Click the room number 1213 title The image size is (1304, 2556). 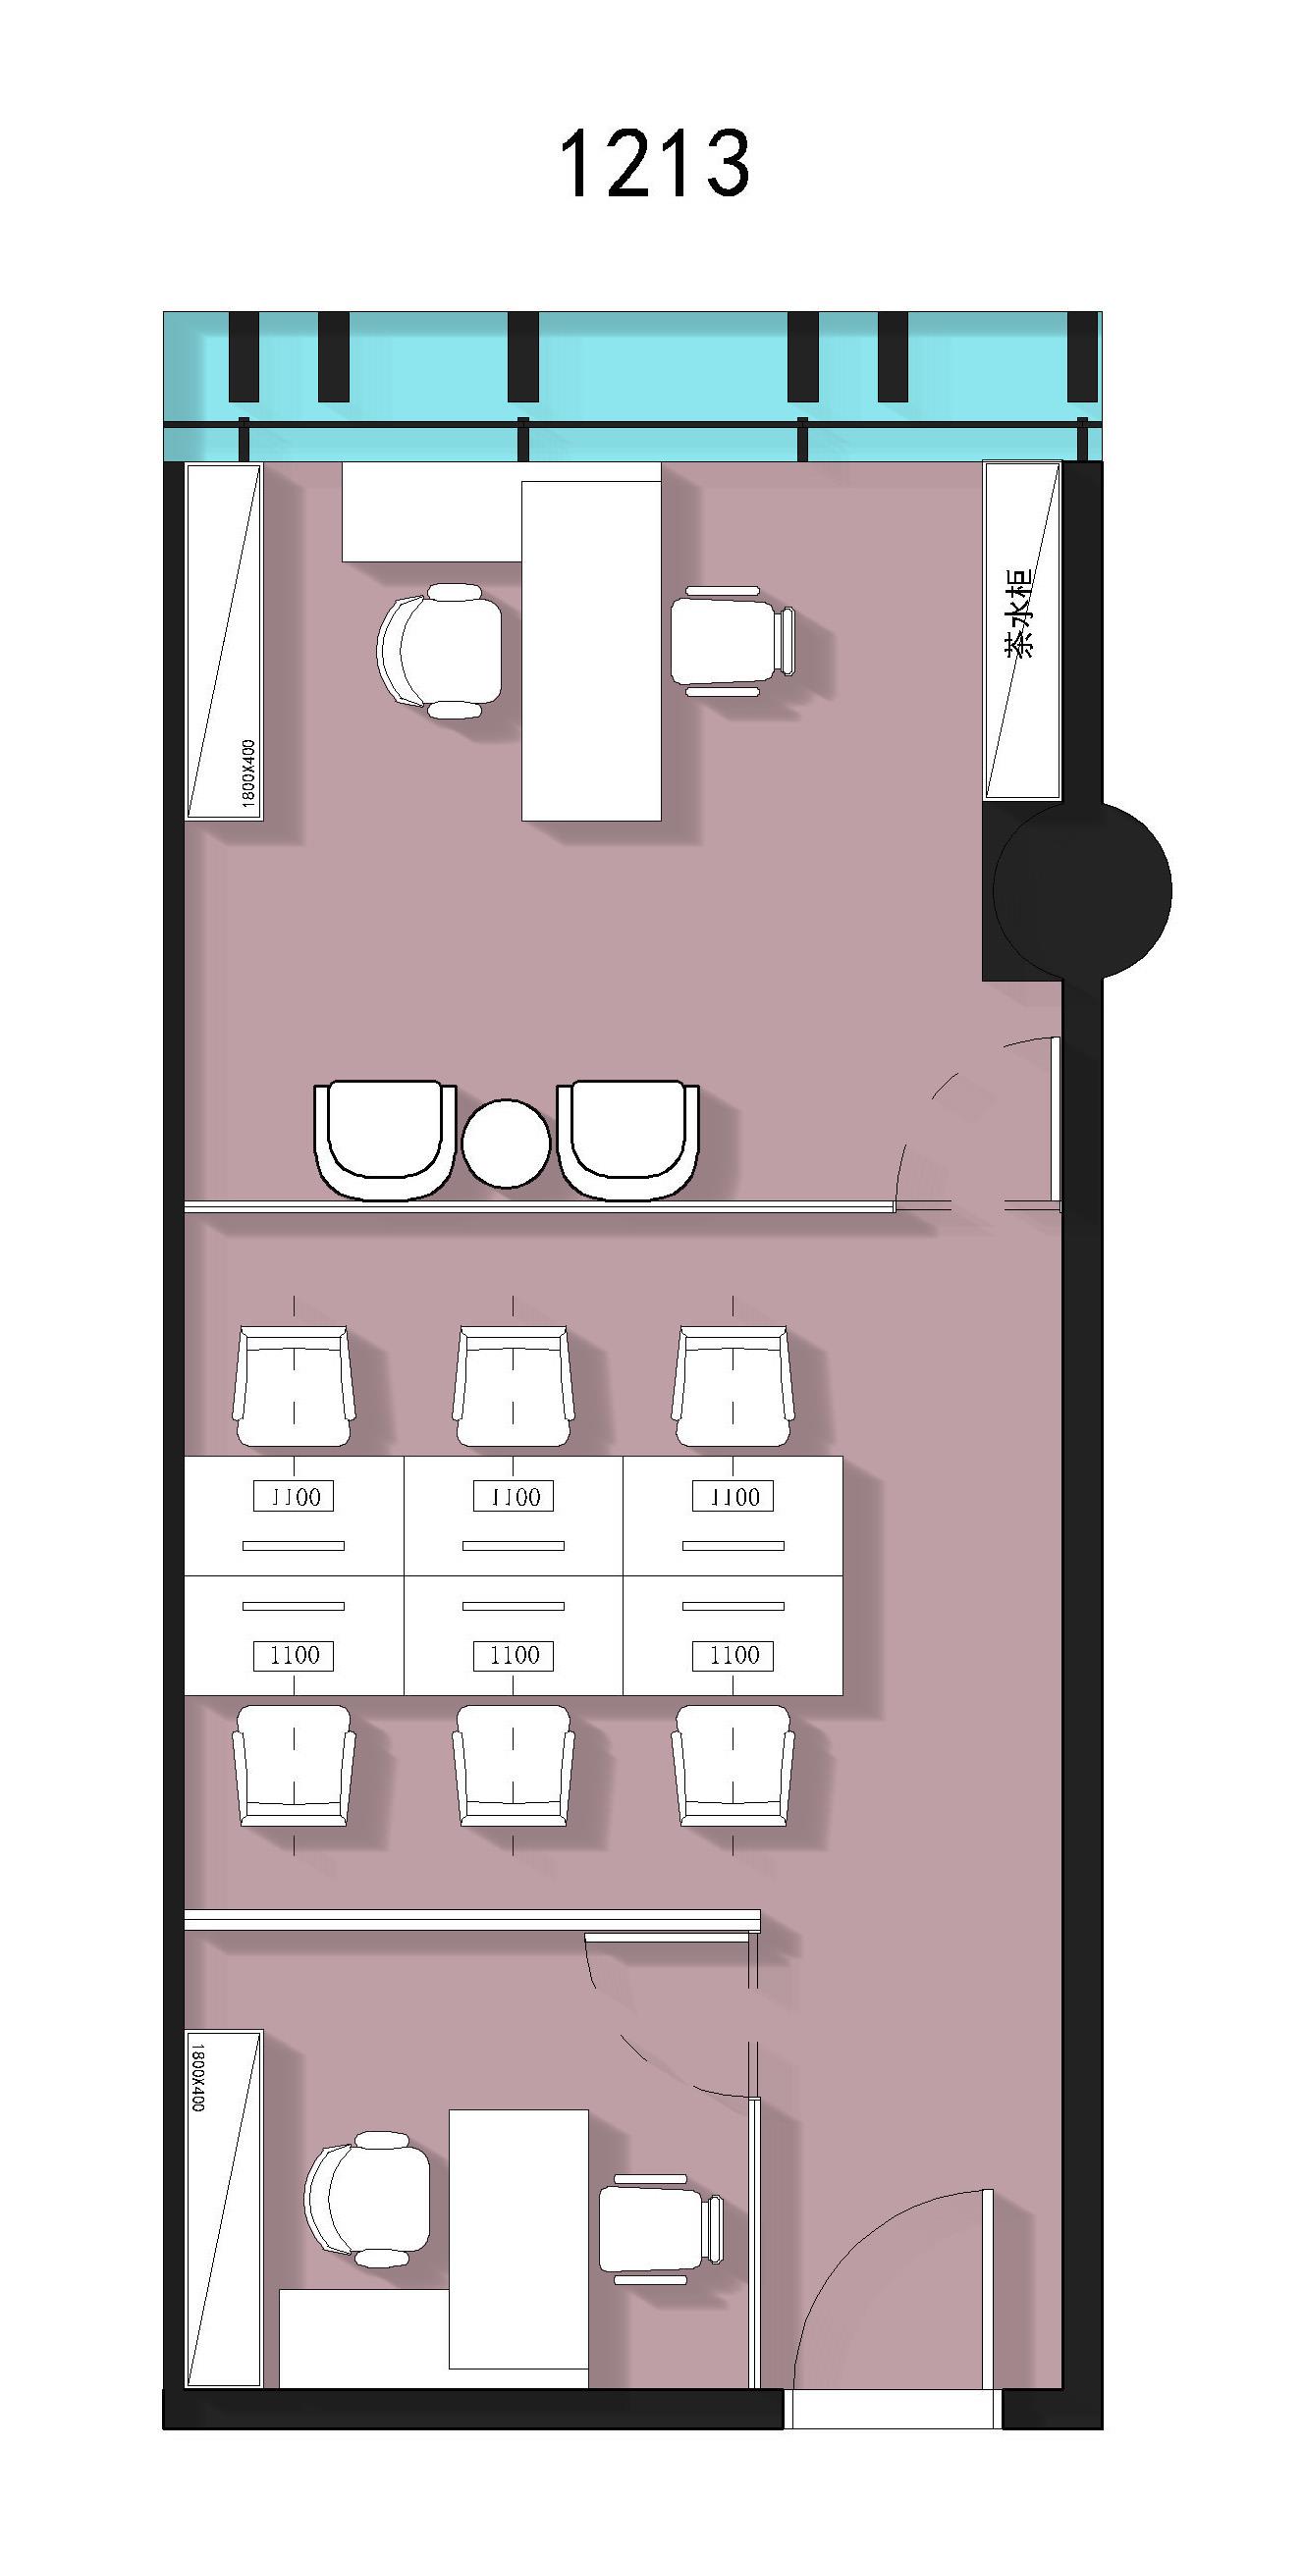[x=654, y=164]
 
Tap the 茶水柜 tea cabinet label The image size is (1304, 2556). [x=1019, y=613]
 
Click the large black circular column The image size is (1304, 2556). [x=1082, y=890]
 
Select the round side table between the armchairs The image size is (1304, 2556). [x=506, y=1144]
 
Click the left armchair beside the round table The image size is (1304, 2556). [x=385, y=1140]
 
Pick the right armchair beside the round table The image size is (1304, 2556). [x=627, y=1140]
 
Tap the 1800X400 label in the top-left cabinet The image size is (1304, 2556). [x=248, y=772]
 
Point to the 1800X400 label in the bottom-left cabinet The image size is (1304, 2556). [x=196, y=2077]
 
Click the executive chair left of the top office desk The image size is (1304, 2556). [x=440, y=650]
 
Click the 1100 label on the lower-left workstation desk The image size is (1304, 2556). [x=294, y=1655]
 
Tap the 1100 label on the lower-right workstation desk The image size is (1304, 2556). [x=733, y=1655]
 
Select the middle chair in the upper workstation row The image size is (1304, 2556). [x=514, y=1386]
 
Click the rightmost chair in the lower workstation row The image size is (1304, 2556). [x=733, y=1765]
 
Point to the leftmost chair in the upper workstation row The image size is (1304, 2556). [x=294, y=1386]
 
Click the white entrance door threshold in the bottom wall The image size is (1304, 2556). [x=893, y=2409]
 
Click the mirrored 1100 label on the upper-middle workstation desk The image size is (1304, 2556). [x=514, y=1496]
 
